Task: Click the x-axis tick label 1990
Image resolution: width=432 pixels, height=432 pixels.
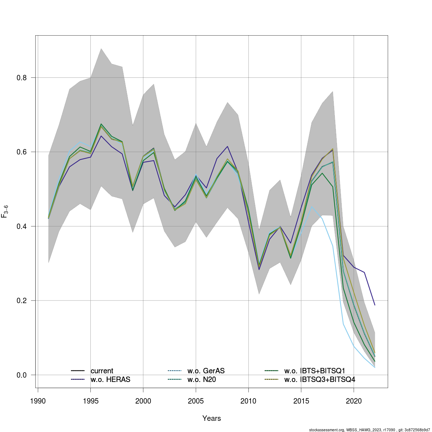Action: coord(38,401)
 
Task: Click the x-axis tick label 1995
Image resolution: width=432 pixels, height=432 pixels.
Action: coord(90,401)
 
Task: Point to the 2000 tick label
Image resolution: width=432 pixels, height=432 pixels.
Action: coord(143,401)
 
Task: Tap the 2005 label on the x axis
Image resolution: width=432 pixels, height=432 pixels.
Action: coord(196,401)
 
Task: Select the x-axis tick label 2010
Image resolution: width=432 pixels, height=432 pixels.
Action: coord(248,401)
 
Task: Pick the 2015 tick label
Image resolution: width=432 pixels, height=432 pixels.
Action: coord(301,401)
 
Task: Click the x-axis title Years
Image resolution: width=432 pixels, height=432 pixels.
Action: coord(212,418)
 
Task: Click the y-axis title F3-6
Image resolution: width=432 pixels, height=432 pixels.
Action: coord(5,211)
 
